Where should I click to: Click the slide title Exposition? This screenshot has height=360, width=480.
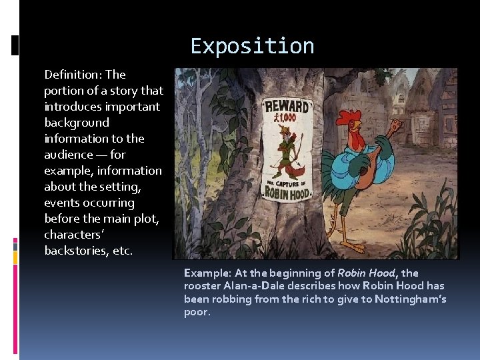click(252, 46)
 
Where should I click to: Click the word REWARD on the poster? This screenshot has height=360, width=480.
click(287, 107)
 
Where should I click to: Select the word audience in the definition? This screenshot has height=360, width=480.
click(67, 155)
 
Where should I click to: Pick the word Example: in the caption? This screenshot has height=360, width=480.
click(207, 273)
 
